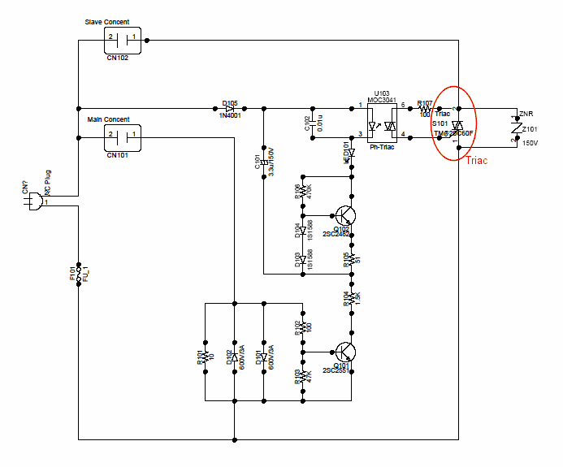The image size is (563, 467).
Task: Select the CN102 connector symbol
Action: [122, 37]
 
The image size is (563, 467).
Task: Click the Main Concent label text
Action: [108, 119]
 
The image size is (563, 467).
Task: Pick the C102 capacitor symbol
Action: [314, 123]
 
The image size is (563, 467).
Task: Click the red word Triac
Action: [477, 161]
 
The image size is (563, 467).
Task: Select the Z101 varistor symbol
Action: [516, 127]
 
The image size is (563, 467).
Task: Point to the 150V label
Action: [530, 143]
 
